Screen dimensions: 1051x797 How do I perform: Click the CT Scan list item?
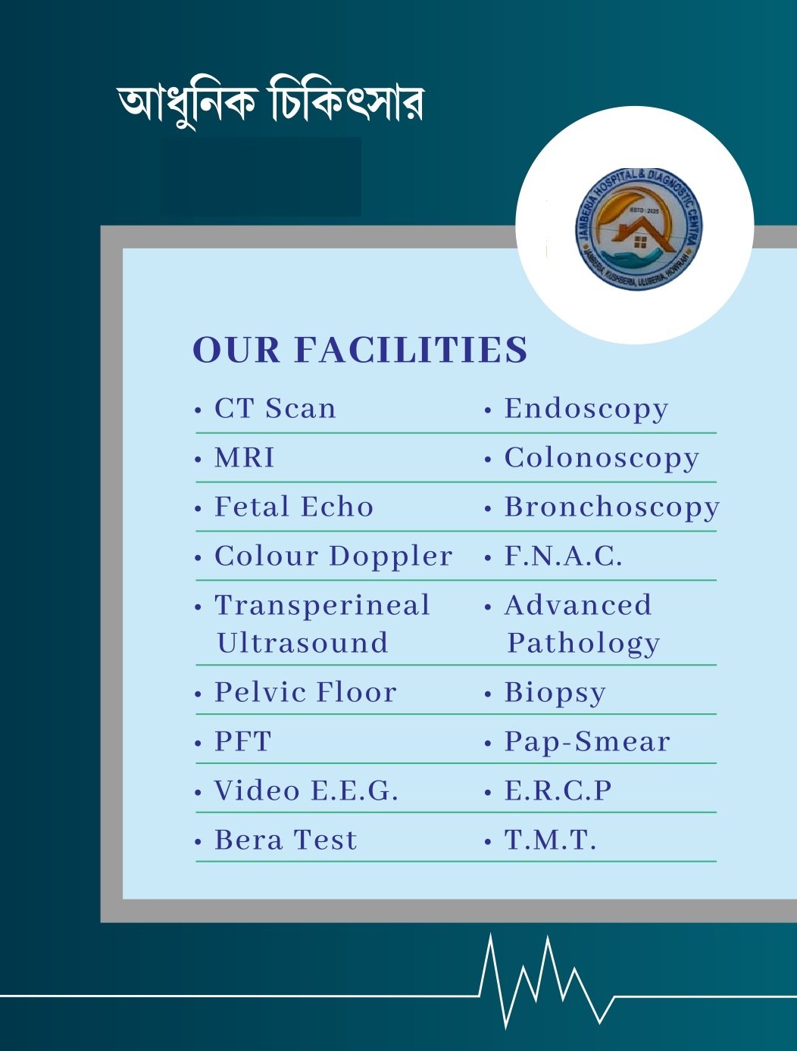pyautogui.click(x=275, y=409)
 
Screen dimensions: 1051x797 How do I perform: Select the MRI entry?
pyautogui.click(x=245, y=458)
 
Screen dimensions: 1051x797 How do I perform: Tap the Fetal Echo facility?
pyautogui.click(x=294, y=507)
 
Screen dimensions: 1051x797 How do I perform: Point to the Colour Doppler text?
pyautogui.click(x=333, y=557)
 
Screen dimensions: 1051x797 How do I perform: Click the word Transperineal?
pyautogui.click(x=322, y=606)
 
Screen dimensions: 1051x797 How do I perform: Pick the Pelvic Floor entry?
pyautogui.click(x=305, y=693)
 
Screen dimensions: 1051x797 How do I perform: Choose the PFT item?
pyautogui.click(x=242, y=742)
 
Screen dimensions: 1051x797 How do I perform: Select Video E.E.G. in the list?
pyautogui.click(x=306, y=791)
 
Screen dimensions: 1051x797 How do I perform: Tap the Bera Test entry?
pyautogui.click(x=286, y=840)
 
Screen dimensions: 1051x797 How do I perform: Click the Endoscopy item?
pyautogui.click(x=586, y=409)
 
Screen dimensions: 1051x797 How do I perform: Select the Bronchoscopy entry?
pyautogui.click(x=611, y=507)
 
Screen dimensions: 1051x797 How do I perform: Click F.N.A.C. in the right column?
pyautogui.click(x=563, y=557)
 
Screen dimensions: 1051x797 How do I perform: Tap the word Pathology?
pyautogui.click(x=583, y=644)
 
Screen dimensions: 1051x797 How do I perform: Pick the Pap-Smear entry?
pyautogui.click(x=587, y=742)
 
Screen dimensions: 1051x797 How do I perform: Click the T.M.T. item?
pyautogui.click(x=550, y=840)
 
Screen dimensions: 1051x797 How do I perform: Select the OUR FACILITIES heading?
pyautogui.click(x=360, y=351)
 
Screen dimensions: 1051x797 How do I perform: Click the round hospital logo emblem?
pyautogui.click(x=638, y=228)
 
